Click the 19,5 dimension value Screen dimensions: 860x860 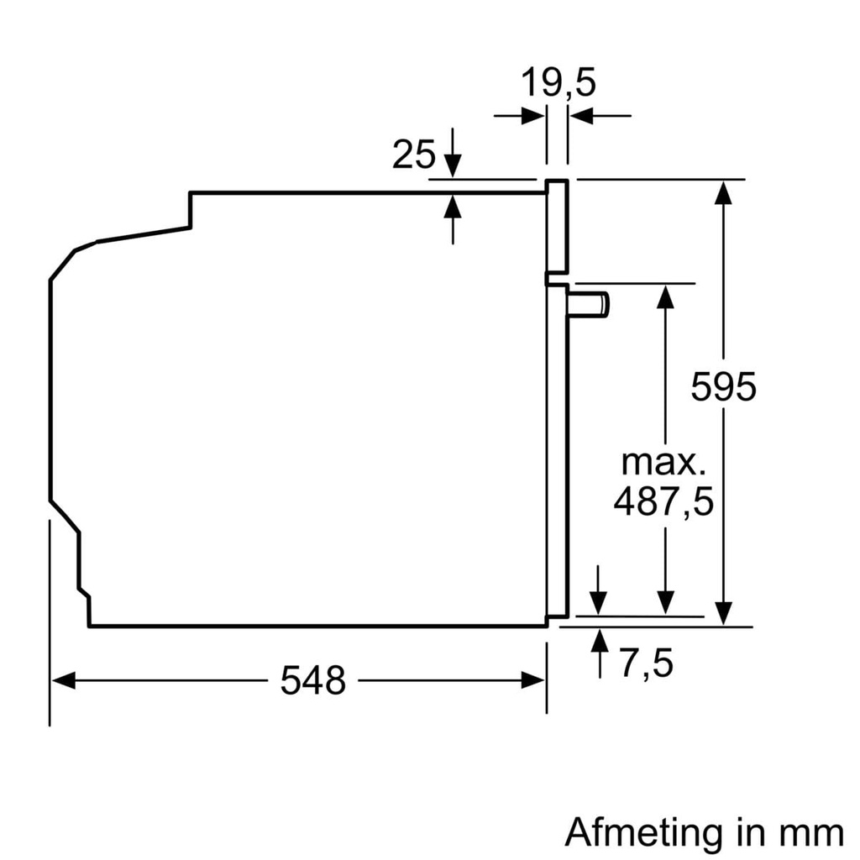point(558,83)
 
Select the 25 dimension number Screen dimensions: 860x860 point(414,155)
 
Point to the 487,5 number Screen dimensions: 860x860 point(663,502)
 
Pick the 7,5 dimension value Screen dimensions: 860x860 point(647,664)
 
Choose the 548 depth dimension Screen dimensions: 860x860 point(312,681)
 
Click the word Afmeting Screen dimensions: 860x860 point(643,832)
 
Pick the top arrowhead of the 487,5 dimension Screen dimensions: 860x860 point(665,296)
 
